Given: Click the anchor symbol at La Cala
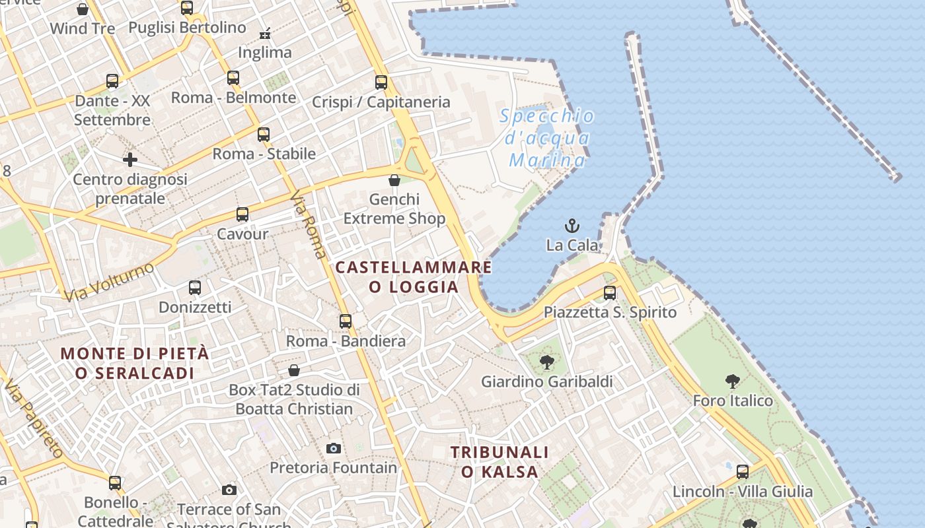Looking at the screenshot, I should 572,226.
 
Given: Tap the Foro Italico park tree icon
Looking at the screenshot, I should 732,381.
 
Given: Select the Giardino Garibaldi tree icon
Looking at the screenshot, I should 546,362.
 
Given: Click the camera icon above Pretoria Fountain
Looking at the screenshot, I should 334,449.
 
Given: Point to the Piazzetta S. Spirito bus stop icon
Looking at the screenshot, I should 610,292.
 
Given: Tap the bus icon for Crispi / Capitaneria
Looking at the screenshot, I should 381,82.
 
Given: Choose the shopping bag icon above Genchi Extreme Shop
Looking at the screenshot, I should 394,180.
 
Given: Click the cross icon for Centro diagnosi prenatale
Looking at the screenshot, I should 130,160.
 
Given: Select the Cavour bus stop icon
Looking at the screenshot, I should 242,214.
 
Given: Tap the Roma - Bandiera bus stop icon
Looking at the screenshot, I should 346,321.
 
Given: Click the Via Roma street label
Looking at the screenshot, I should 309,224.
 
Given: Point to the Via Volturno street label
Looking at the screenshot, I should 109,281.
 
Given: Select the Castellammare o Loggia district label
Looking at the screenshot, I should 414,277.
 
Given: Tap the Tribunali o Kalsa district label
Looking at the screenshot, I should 500,462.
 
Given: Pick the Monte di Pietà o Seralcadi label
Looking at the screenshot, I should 135,363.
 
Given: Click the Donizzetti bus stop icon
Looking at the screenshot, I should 195,288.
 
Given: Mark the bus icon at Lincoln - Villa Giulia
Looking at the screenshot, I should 743,472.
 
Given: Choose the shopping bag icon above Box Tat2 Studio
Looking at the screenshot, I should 294,370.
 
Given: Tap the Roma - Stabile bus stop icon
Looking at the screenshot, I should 264,135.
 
